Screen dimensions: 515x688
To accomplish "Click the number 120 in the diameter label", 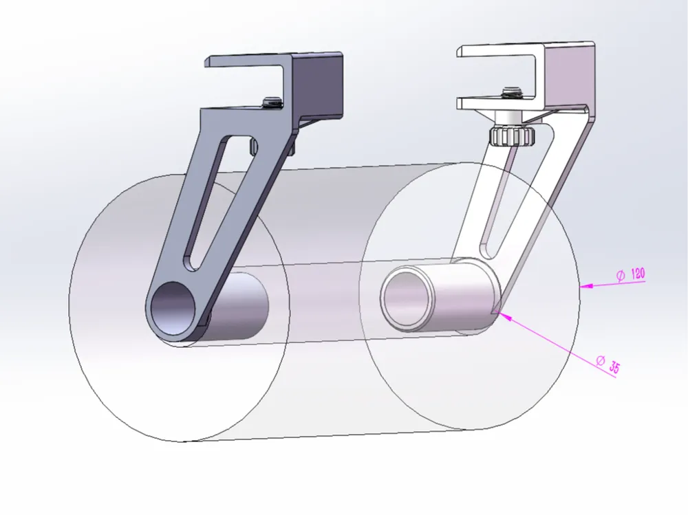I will pyautogui.click(x=638, y=274).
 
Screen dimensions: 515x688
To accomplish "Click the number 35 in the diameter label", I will pyautogui.click(x=612, y=367).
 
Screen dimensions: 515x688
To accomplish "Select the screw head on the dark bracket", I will pyautogui.click(x=272, y=103).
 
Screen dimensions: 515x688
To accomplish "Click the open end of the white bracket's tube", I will pyautogui.click(x=407, y=298).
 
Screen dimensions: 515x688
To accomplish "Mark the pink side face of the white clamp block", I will pyautogui.click(x=567, y=76).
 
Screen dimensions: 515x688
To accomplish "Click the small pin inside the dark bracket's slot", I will pyautogui.click(x=252, y=146).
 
